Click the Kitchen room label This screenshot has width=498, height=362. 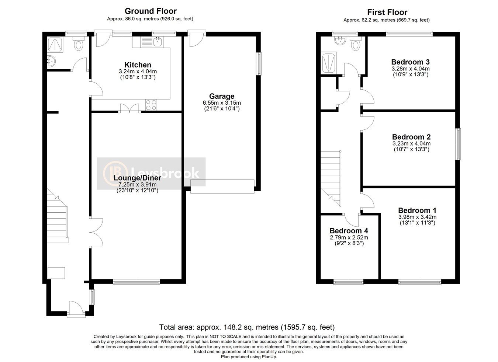pos(138,65)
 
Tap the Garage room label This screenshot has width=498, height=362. pos(222,96)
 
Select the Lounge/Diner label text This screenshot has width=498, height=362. pos(137,178)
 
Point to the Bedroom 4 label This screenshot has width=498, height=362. pos(349,231)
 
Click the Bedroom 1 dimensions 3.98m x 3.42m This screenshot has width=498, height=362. pos(417,217)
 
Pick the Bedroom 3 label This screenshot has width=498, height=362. pos(410,62)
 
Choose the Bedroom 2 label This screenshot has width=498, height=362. pos(411,137)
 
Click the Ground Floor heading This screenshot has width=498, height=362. pos(151,11)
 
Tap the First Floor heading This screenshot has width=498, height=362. pos(387,12)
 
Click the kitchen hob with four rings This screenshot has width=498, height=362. pos(151,105)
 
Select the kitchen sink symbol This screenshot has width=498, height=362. pos(158,42)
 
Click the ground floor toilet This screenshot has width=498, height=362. pos(79,45)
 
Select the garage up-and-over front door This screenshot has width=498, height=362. pos(222,186)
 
